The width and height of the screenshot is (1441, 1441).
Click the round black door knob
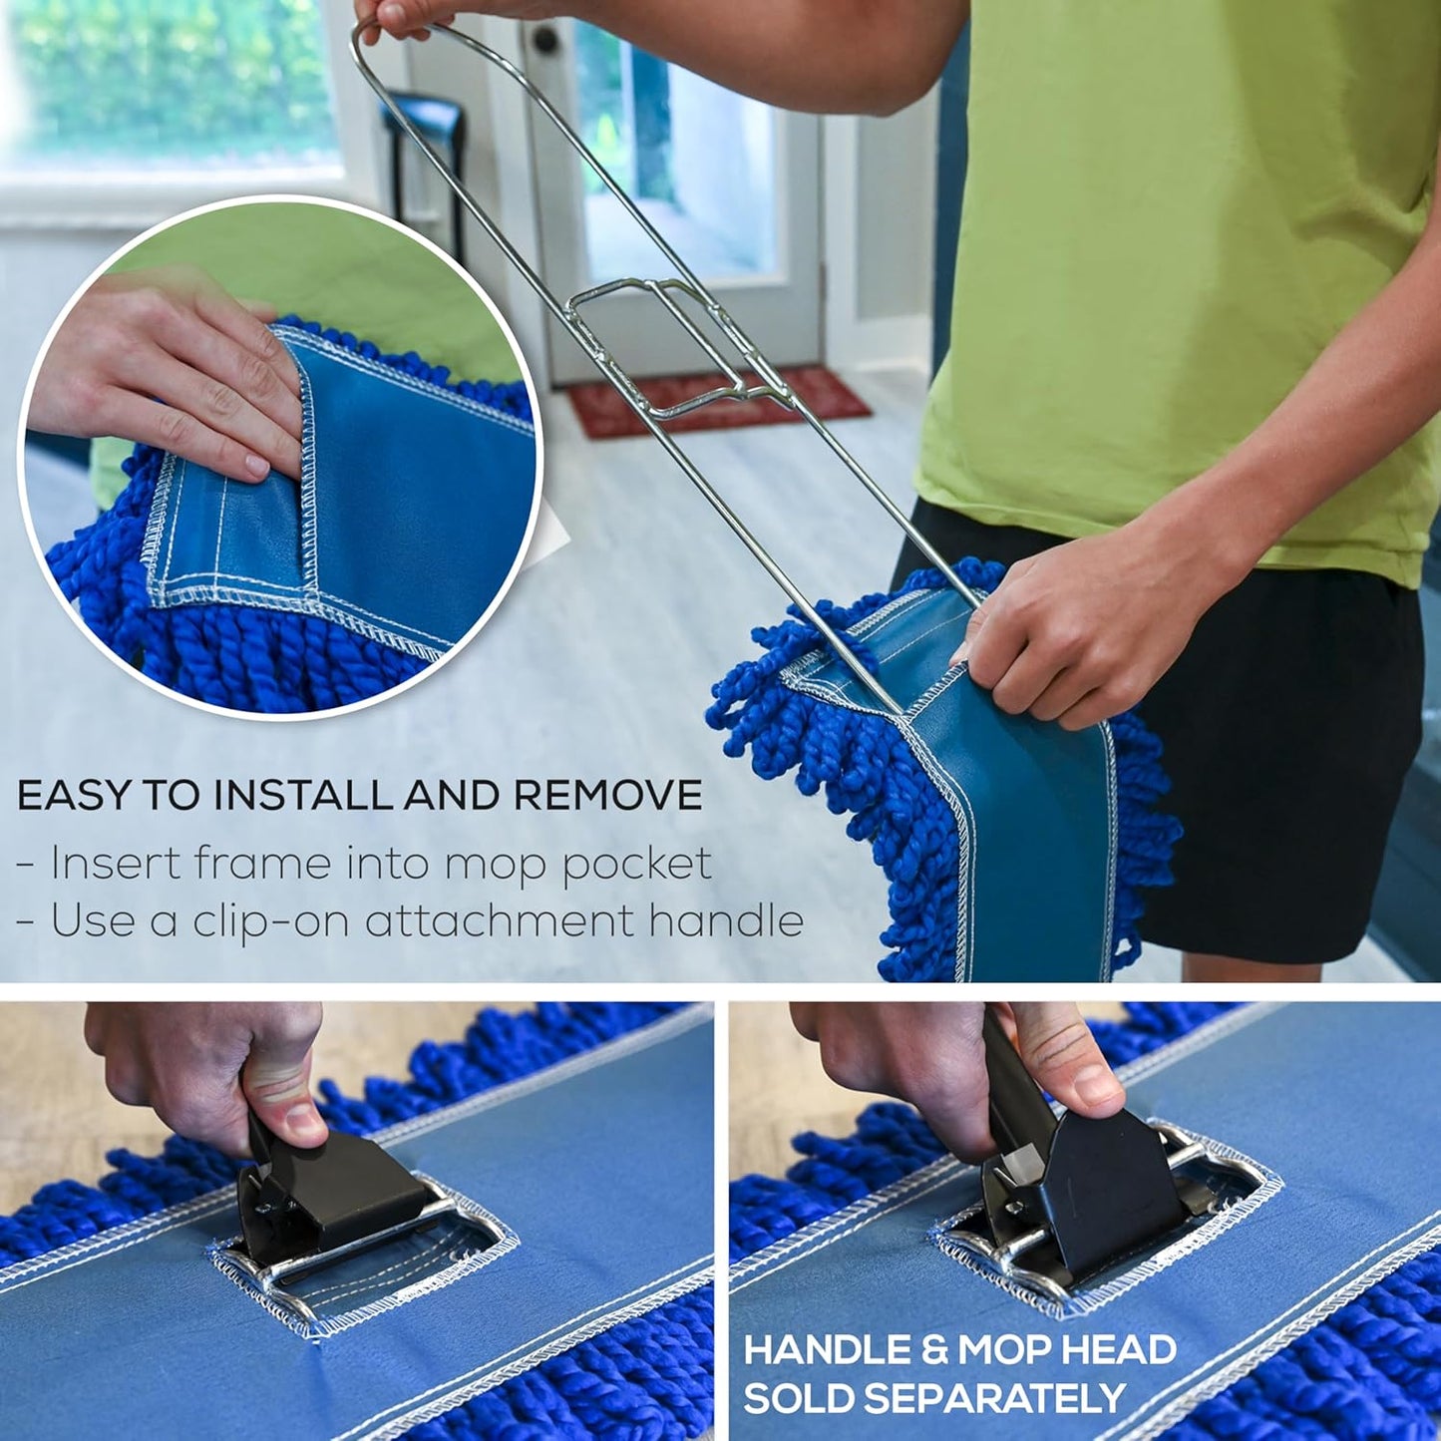[545, 39]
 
